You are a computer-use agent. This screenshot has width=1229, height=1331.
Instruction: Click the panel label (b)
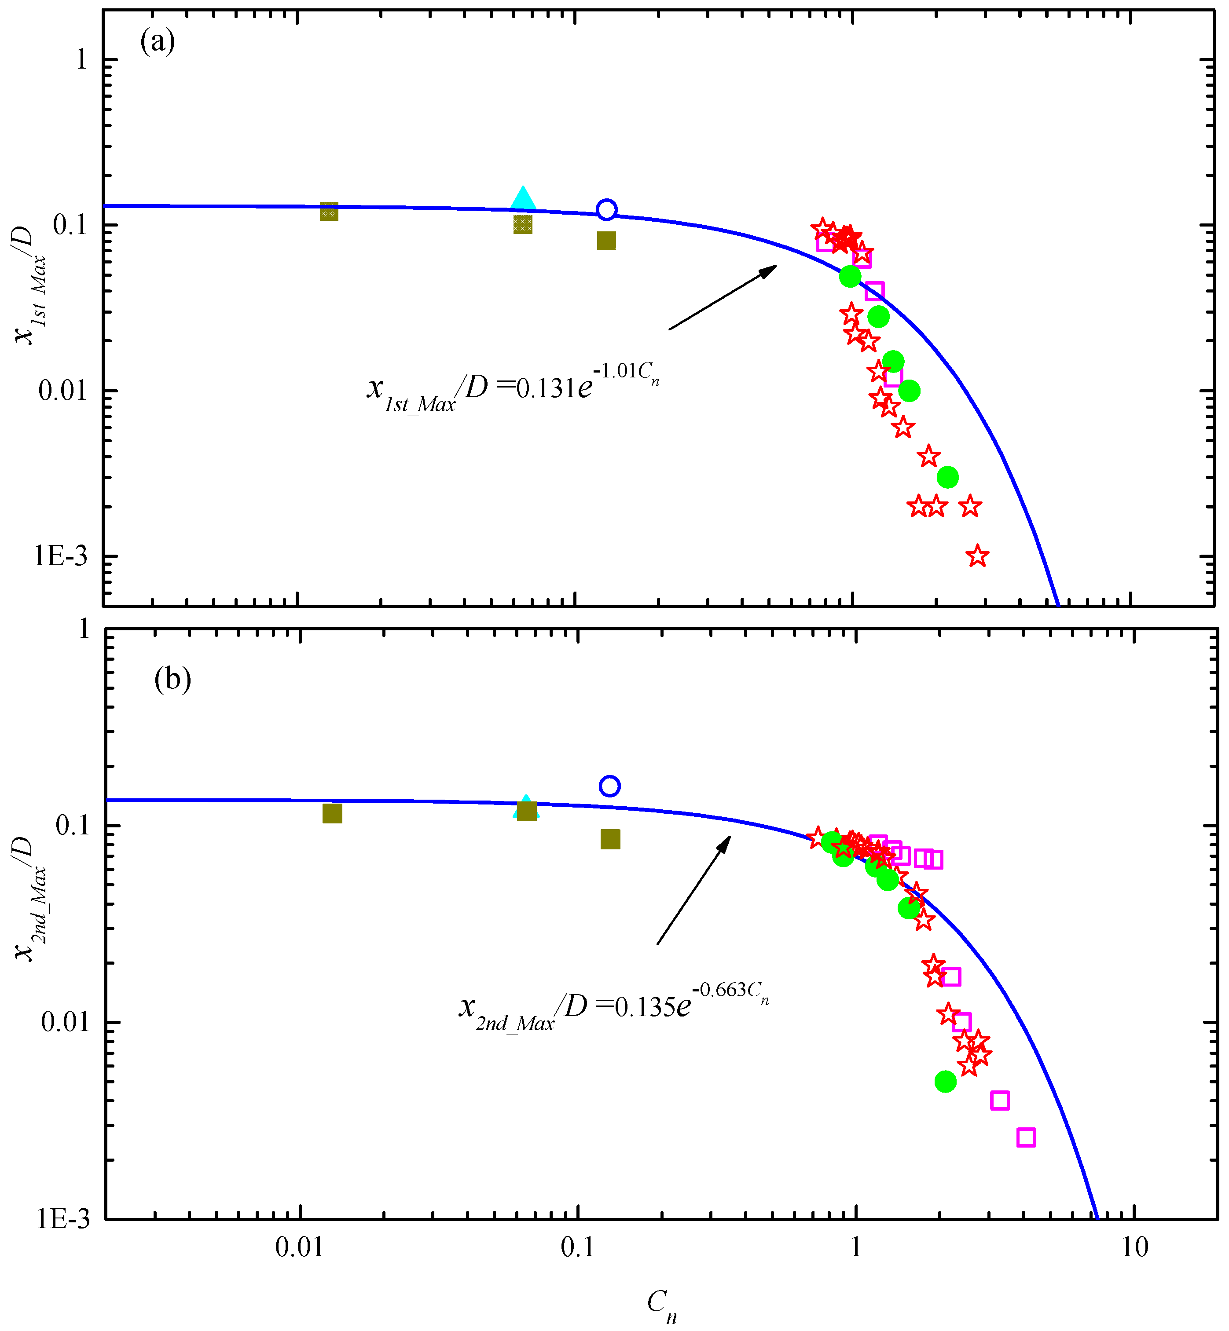[x=172, y=679]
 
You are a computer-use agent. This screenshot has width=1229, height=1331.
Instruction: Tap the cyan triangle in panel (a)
[x=523, y=198]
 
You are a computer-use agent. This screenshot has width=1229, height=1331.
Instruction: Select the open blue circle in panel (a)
[x=606, y=209]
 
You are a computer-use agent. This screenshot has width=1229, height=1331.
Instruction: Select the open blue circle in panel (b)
[x=609, y=786]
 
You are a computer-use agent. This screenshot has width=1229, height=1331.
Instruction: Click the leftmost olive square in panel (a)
[x=329, y=212]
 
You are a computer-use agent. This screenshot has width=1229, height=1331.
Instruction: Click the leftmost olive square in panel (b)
[x=332, y=813]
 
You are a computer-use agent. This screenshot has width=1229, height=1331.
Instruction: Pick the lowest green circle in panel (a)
[x=947, y=477]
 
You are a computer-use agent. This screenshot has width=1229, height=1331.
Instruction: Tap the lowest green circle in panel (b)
[x=945, y=1082]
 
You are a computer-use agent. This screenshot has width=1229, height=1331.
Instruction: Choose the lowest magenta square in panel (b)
[x=1026, y=1137]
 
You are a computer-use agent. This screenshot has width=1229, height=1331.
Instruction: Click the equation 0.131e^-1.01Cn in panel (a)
[x=512, y=388]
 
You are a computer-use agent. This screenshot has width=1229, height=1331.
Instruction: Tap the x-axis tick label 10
[x=1134, y=1248]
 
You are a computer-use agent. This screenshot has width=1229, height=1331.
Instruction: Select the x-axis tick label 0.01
[x=299, y=1248]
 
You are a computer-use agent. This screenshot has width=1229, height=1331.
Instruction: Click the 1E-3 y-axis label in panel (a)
[x=61, y=556]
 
